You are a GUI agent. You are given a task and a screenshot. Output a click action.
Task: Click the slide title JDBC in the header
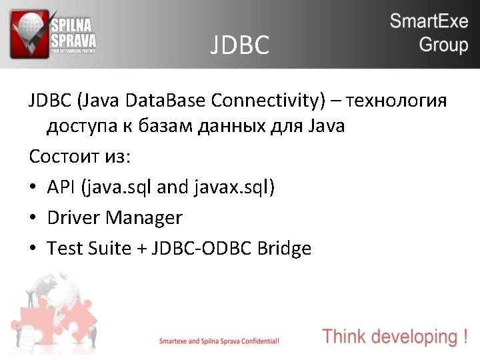pyautogui.click(x=240, y=45)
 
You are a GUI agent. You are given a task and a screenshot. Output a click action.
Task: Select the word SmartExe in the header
pyautogui.click(x=429, y=21)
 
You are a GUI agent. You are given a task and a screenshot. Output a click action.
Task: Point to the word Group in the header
pyautogui.click(x=443, y=45)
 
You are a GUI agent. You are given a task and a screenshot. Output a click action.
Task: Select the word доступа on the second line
pyautogui.click(x=79, y=125)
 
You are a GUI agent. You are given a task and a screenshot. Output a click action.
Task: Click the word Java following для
pyautogui.click(x=327, y=125)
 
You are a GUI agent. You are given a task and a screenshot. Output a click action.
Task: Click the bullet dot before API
pyautogui.click(x=33, y=188)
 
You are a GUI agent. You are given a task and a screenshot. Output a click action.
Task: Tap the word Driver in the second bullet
pyautogui.click(x=73, y=218)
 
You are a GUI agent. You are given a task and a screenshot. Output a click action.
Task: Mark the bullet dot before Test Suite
pyautogui.click(x=33, y=249)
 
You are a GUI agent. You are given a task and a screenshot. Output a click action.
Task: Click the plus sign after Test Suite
pyautogui.click(x=141, y=249)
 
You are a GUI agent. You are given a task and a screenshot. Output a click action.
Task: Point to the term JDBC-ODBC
pyautogui.click(x=201, y=249)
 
